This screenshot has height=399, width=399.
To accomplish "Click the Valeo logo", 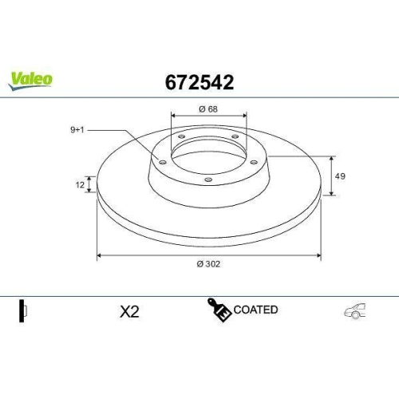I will click(x=31, y=78).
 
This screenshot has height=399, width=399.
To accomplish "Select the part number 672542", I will click(x=199, y=81).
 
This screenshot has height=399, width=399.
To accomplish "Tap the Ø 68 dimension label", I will click(x=208, y=109).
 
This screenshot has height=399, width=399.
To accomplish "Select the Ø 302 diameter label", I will click(x=209, y=265).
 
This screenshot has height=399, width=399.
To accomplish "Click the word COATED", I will click(x=256, y=310).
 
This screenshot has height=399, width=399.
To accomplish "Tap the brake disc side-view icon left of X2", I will click(x=24, y=311).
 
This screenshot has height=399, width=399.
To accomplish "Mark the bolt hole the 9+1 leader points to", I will click(x=163, y=163).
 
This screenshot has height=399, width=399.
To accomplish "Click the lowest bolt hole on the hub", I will click(x=208, y=180).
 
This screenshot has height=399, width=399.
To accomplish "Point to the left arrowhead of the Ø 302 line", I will click(x=100, y=256).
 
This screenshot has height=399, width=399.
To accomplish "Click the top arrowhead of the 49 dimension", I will click(x=331, y=157).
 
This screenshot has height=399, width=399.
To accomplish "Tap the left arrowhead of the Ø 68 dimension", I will click(x=173, y=116).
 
